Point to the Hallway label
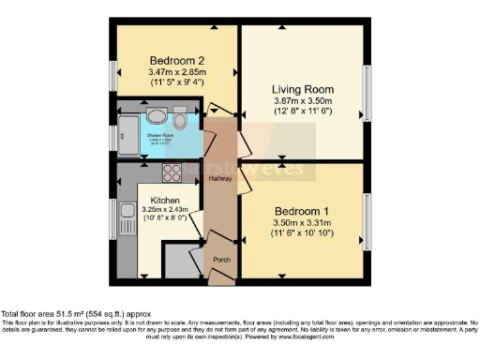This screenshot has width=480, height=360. click(220, 178)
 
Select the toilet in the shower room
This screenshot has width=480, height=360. click(180, 119)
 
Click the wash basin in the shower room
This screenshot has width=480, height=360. click(157, 117)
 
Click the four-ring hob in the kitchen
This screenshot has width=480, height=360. click(172, 172)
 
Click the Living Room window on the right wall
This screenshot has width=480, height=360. click(367, 93)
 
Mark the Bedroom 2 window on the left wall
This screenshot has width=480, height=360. click(112, 75)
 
